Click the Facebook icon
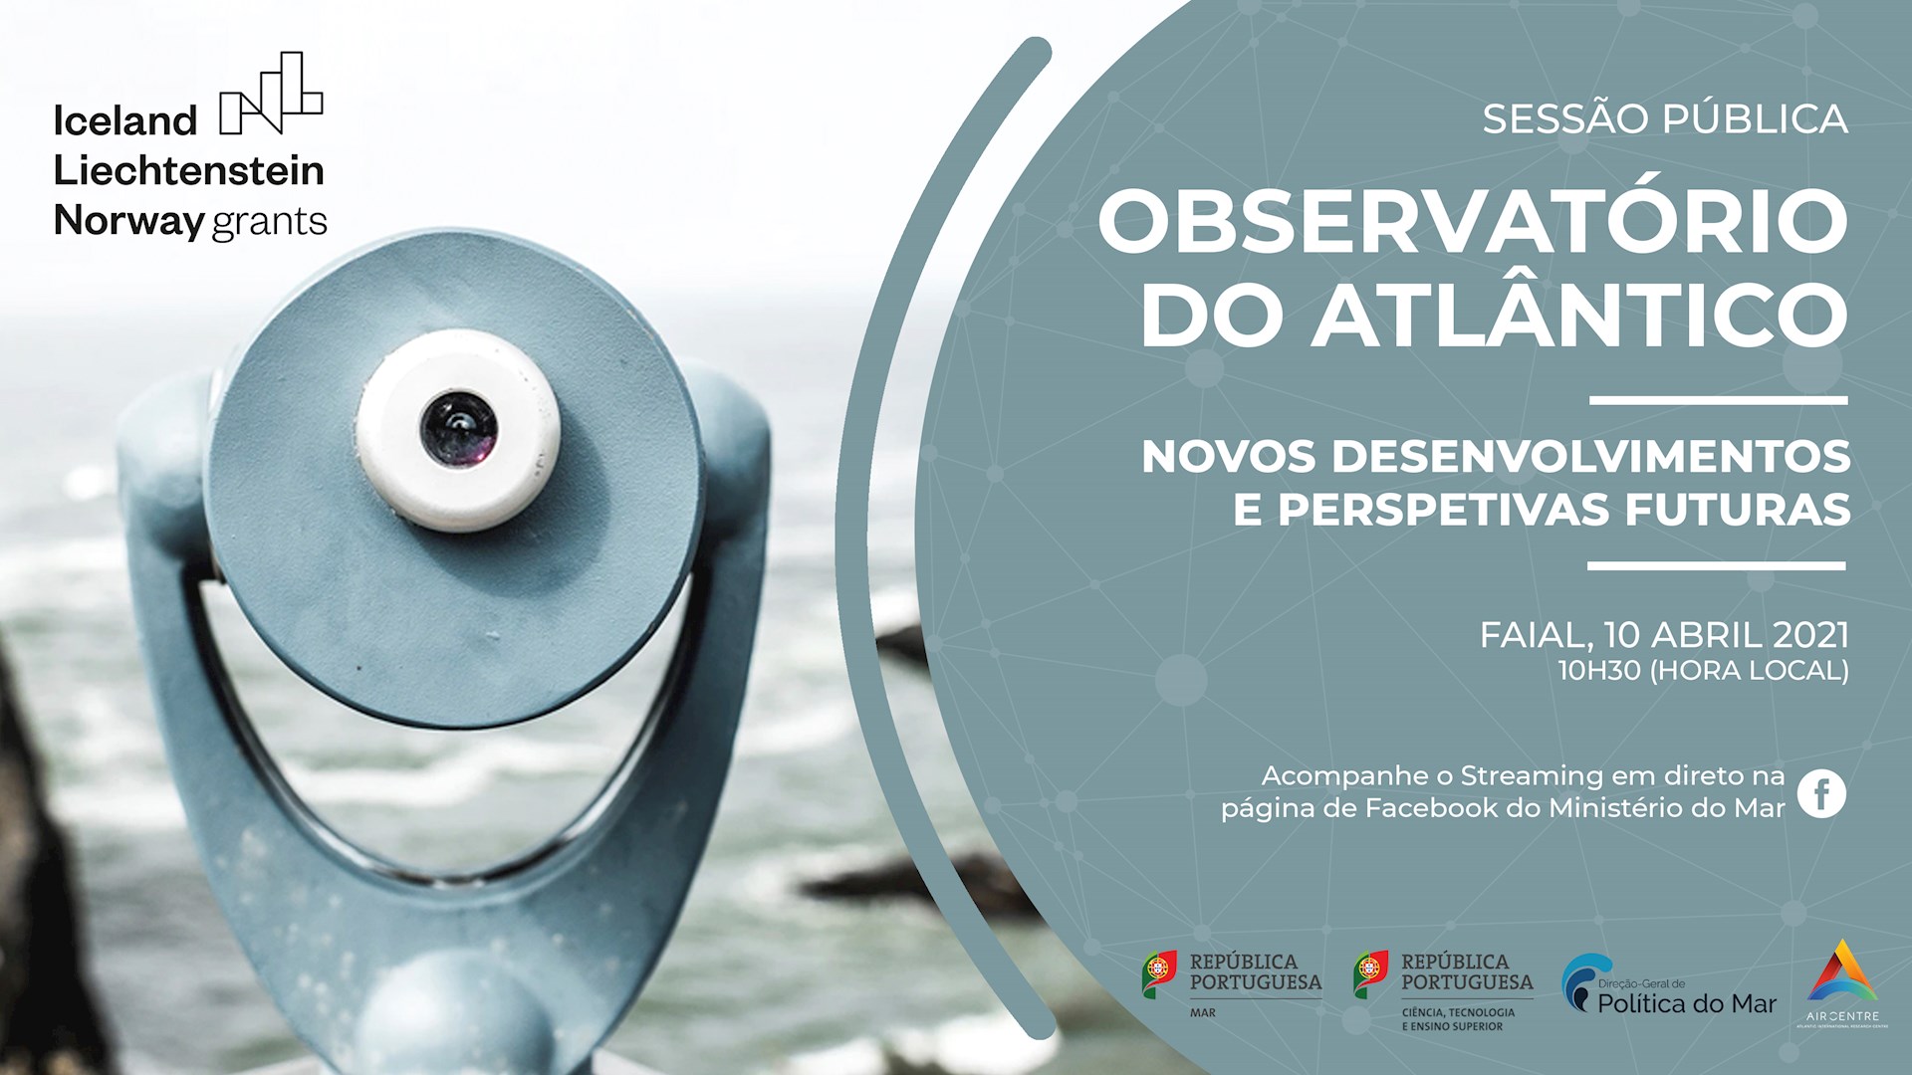(1821, 793)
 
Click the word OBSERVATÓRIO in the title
(1473, 221)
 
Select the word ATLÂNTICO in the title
(1578, 316)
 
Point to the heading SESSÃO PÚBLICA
(1664, 118)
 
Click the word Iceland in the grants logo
(125, 121)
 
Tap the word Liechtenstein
(188, 171)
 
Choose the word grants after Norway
(270, 221)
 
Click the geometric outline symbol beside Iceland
(271, 94)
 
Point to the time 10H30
(1599, 671)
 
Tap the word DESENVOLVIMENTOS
(1590, 457)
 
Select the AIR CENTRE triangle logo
(1842, 972)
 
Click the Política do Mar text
(1687, 1003)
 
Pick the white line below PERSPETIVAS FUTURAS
(1716, 565)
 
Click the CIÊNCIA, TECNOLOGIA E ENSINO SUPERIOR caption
(1458, 1019)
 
